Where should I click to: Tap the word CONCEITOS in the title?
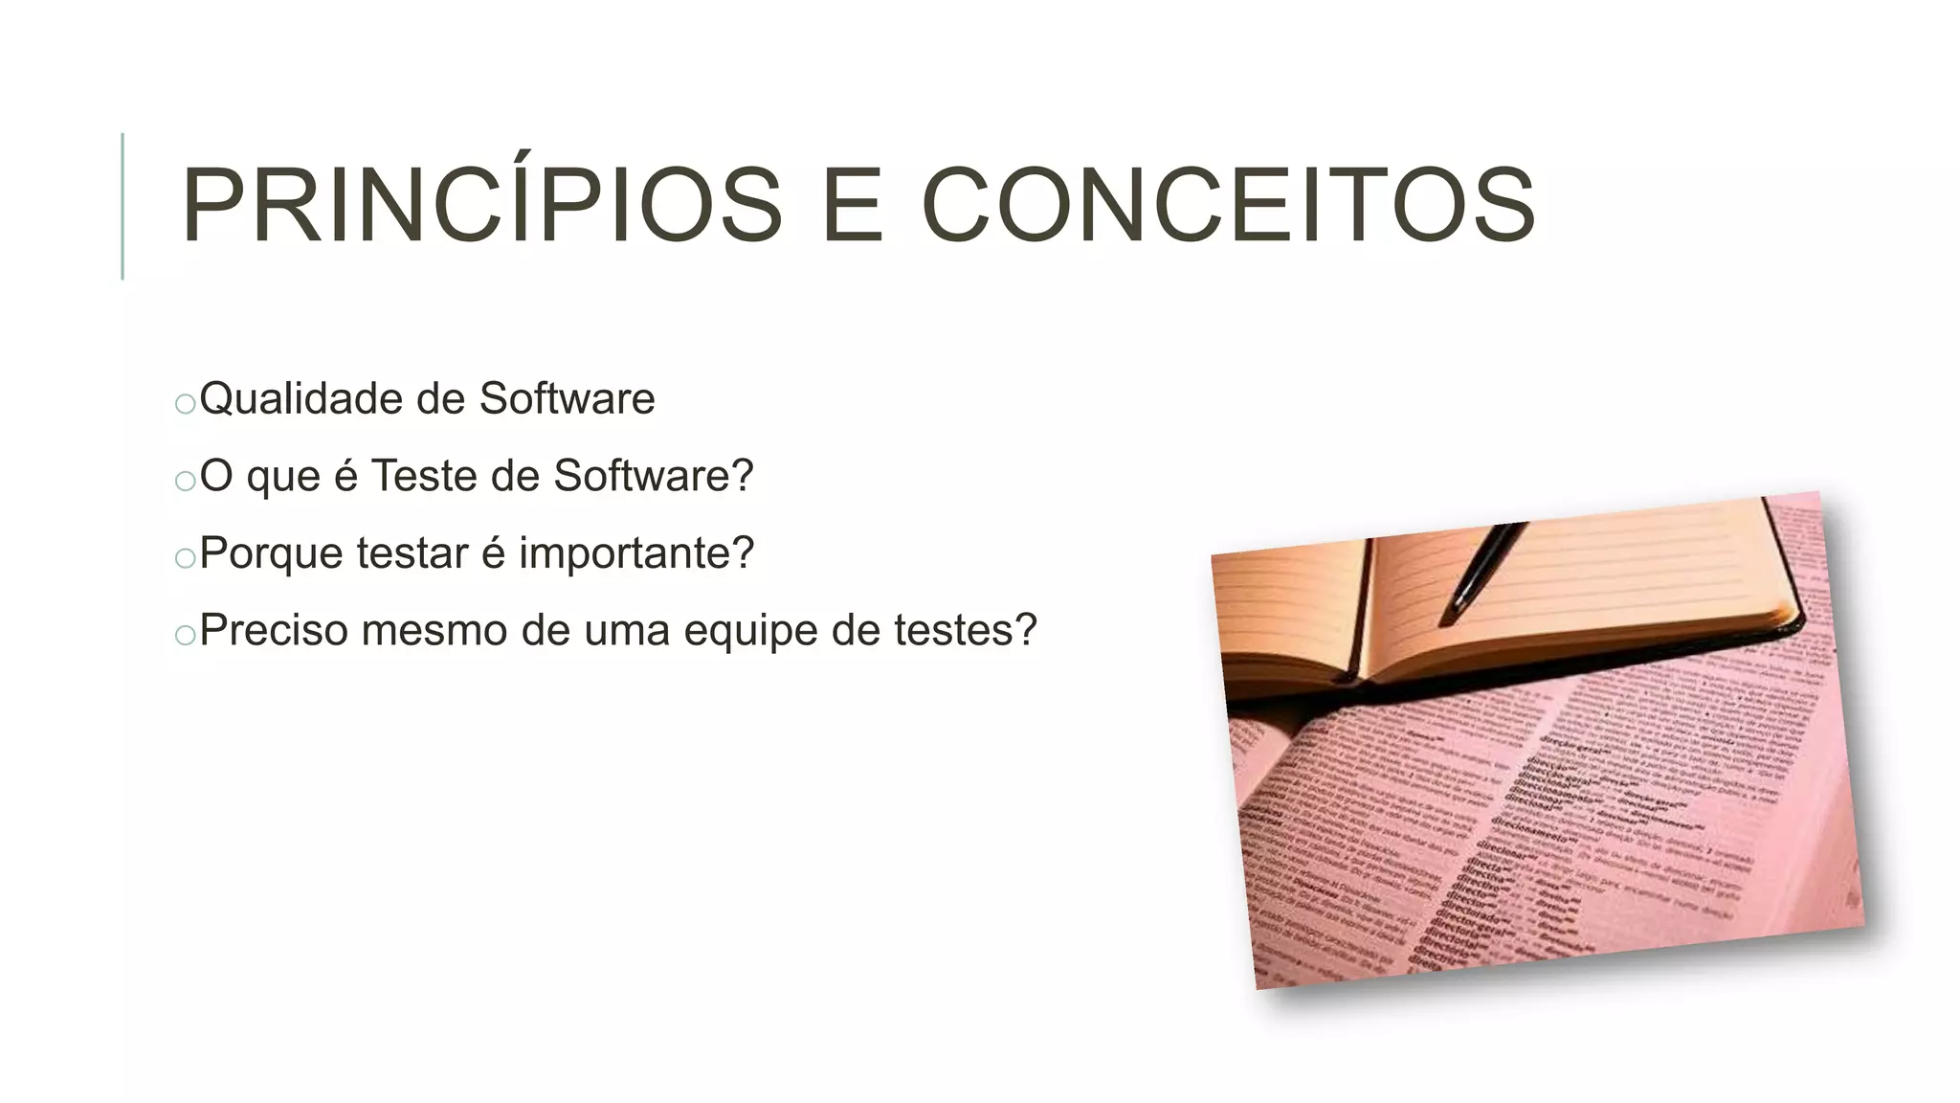point(1228,206)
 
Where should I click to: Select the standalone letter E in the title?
point(852,206)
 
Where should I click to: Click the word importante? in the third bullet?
point(636,553)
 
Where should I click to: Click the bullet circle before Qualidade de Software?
point(186,404)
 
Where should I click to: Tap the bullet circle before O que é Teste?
point(186,481)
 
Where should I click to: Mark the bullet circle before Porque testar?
point(186,558)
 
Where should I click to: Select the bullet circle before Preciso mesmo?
point(186,635)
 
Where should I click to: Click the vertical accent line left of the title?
point(122,206)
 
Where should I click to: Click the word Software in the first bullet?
point(567,399)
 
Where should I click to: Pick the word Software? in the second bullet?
point(654,476)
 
